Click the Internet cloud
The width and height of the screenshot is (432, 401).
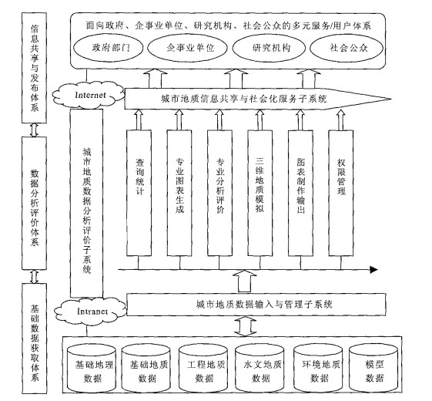point(88,95)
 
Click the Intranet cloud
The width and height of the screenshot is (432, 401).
point(90,312)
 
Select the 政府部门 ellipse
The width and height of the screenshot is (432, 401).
point(109,48)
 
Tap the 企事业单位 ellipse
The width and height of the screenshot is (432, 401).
point(187,48)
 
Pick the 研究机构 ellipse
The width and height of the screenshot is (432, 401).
point(270,48)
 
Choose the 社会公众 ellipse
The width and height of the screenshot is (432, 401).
point(347,48)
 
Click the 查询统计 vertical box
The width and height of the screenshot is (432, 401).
point(139,193)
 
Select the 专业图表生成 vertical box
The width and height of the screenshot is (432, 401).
point(179,193)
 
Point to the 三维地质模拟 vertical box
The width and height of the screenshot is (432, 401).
point(260,193)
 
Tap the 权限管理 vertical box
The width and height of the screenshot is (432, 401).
point(341,193)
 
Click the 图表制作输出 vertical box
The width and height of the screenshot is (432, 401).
point(300,193)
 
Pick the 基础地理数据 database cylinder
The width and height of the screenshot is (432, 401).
point(92,368)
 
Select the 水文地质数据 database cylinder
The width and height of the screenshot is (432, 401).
point(260,368)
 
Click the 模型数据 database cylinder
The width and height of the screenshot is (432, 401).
point(373,368)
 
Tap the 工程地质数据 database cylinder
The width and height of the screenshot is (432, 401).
point(203,368)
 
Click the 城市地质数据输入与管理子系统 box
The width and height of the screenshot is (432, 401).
point(256,305)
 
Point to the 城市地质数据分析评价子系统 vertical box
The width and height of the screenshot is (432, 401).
point(87,203)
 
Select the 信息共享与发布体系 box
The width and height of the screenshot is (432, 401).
point(34,68)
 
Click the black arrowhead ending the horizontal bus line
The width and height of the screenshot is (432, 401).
point(373,269)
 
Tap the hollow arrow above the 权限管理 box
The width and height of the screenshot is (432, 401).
point(341,120)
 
